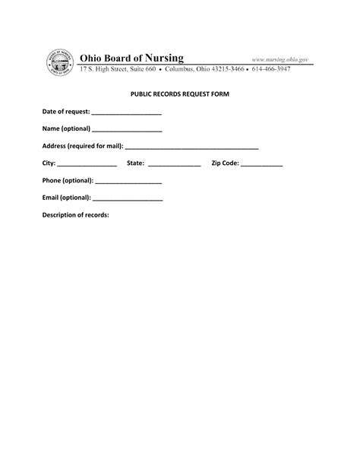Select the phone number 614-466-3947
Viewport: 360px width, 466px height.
289,69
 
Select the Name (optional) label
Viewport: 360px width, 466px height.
66,128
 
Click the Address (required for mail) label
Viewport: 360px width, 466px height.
82,145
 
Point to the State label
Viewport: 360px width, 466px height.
136,163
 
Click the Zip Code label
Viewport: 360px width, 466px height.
225,163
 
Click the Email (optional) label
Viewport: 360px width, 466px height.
67,198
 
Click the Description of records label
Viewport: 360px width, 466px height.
75,215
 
